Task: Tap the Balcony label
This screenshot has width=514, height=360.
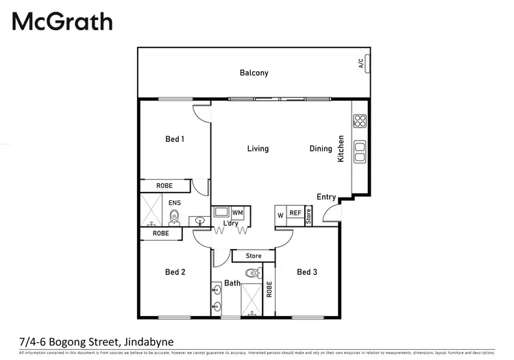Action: [x=254, y=73]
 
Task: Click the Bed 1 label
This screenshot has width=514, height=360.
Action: [x=175, y=139]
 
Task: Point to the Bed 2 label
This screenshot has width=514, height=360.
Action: [x=175, y=272]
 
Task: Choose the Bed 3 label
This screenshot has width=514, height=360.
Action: [x=307, y=272]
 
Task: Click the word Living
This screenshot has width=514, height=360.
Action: [x=258, y=149]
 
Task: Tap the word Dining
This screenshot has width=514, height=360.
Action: [x=321, y=149]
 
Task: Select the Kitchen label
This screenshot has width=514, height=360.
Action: [x=341, y=149]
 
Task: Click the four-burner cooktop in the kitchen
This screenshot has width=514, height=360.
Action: [x=360, y=122]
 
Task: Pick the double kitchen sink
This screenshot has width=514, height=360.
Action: [x=360, y=152]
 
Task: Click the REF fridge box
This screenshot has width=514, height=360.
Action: [x=295, y=214]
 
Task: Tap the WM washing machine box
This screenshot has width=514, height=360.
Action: [x=237, y=213]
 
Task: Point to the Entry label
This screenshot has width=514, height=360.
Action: [x=326, y=197]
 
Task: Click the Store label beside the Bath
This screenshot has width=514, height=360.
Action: [x=254, y=256]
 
